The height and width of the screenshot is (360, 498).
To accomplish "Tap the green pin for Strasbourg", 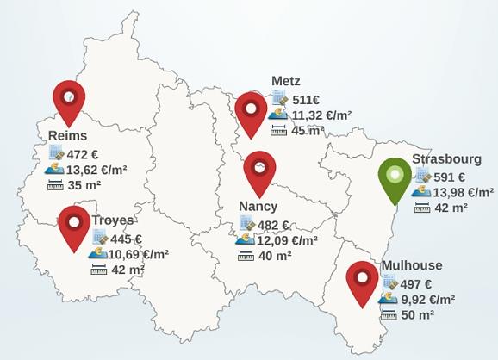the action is click(395, 177).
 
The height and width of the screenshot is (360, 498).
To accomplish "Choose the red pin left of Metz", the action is click(251, 111).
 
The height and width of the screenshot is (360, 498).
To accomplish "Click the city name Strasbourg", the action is click(446, 158).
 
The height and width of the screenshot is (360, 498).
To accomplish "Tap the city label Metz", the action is click(286, 81).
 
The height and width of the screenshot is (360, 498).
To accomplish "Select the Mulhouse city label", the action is click(412, 265).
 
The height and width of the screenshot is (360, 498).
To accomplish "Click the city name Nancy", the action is click(258, 207).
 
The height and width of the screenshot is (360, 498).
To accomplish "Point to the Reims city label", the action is click(68, 136).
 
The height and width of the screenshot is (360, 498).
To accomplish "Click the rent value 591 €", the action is click(449, 177).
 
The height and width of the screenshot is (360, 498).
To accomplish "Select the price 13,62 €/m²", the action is click(96, 170).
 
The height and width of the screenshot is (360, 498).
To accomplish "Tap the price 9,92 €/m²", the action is click(427, 300).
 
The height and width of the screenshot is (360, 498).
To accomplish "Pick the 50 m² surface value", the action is click(418, 315).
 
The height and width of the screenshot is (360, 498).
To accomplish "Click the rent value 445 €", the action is click(126, 239).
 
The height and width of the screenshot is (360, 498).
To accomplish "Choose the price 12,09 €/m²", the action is click(288, 240).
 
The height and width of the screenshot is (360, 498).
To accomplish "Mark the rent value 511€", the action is click(307, 100).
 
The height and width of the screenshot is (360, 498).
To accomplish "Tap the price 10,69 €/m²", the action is click(139, 254).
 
